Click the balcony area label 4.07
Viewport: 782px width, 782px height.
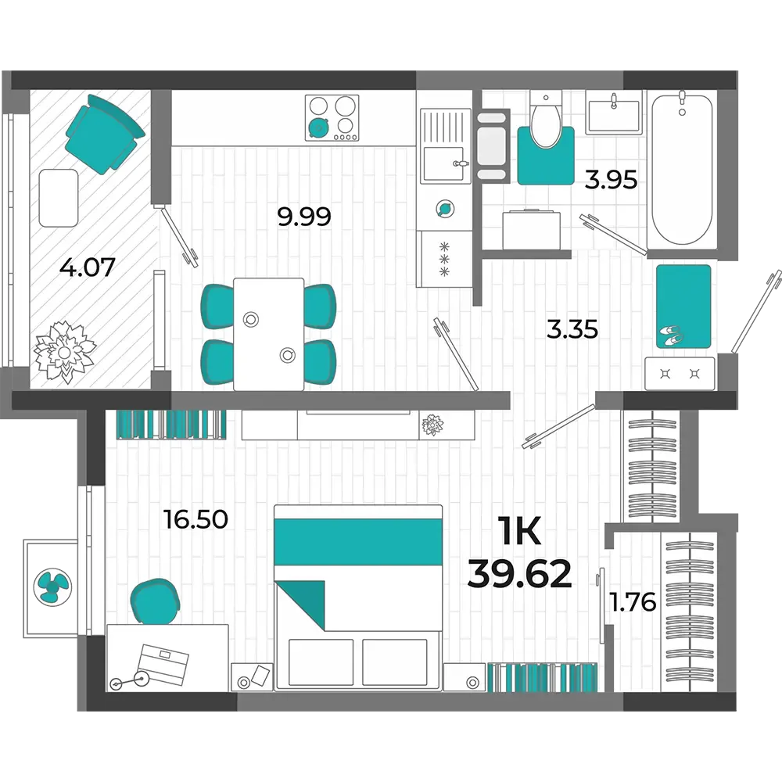coord(88,267)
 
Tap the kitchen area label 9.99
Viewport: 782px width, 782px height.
coord(304,217)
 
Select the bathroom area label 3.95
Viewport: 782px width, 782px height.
coord(611,180)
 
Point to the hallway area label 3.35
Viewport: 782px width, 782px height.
coord(572,329)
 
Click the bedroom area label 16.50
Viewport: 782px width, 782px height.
coord(195,519)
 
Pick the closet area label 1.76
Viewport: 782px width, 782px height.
coord(633,602)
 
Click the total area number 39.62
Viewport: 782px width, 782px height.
coord(519,573)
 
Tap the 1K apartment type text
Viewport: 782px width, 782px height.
coord(519,532)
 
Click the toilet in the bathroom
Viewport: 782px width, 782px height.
coord(546,119)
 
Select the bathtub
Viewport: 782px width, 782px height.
coord(682,170)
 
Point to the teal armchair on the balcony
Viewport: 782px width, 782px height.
coord(105,135)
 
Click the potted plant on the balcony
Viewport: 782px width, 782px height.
coord(64,353)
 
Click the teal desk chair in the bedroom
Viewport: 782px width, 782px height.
coord(155,601)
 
